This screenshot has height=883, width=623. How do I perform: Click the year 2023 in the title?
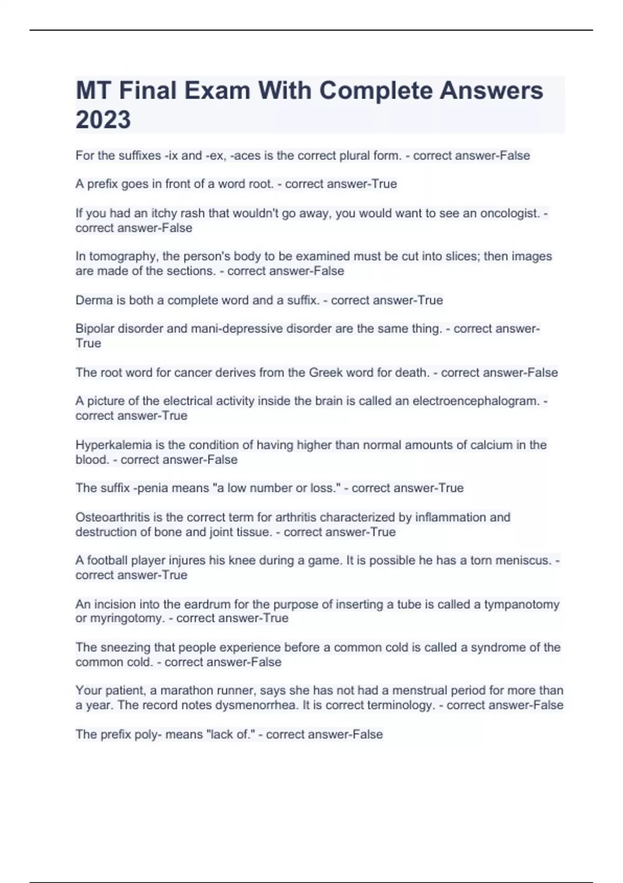tap(103, 119)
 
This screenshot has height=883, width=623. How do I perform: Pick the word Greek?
tap(323, 372)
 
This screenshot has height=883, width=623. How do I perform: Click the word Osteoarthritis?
tap(112, 517)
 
